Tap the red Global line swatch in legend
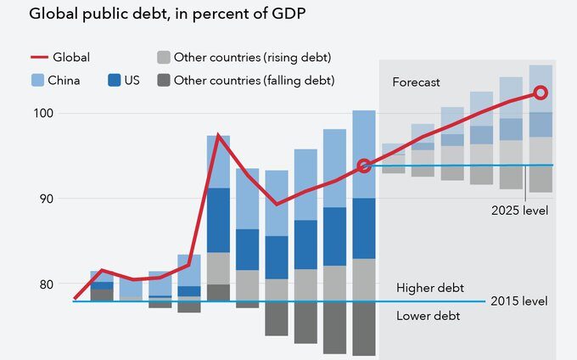[x=39, y=58]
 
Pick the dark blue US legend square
[x=115, y=81]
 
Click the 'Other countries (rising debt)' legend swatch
[x=164, y=58]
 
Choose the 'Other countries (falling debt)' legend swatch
[x=164, y=81]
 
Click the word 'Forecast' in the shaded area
[x=417, y=82]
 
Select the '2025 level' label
[x=518, y=209]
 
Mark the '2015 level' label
[x=519, y=301]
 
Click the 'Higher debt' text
[x=430, y=288]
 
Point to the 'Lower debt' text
[x=429, y=317]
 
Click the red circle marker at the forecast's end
[x=540, y=93]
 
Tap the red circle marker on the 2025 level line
[x=364, y=166]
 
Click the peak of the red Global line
[x=219, y=135]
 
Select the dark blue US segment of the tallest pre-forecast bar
[x=364, y=228]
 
